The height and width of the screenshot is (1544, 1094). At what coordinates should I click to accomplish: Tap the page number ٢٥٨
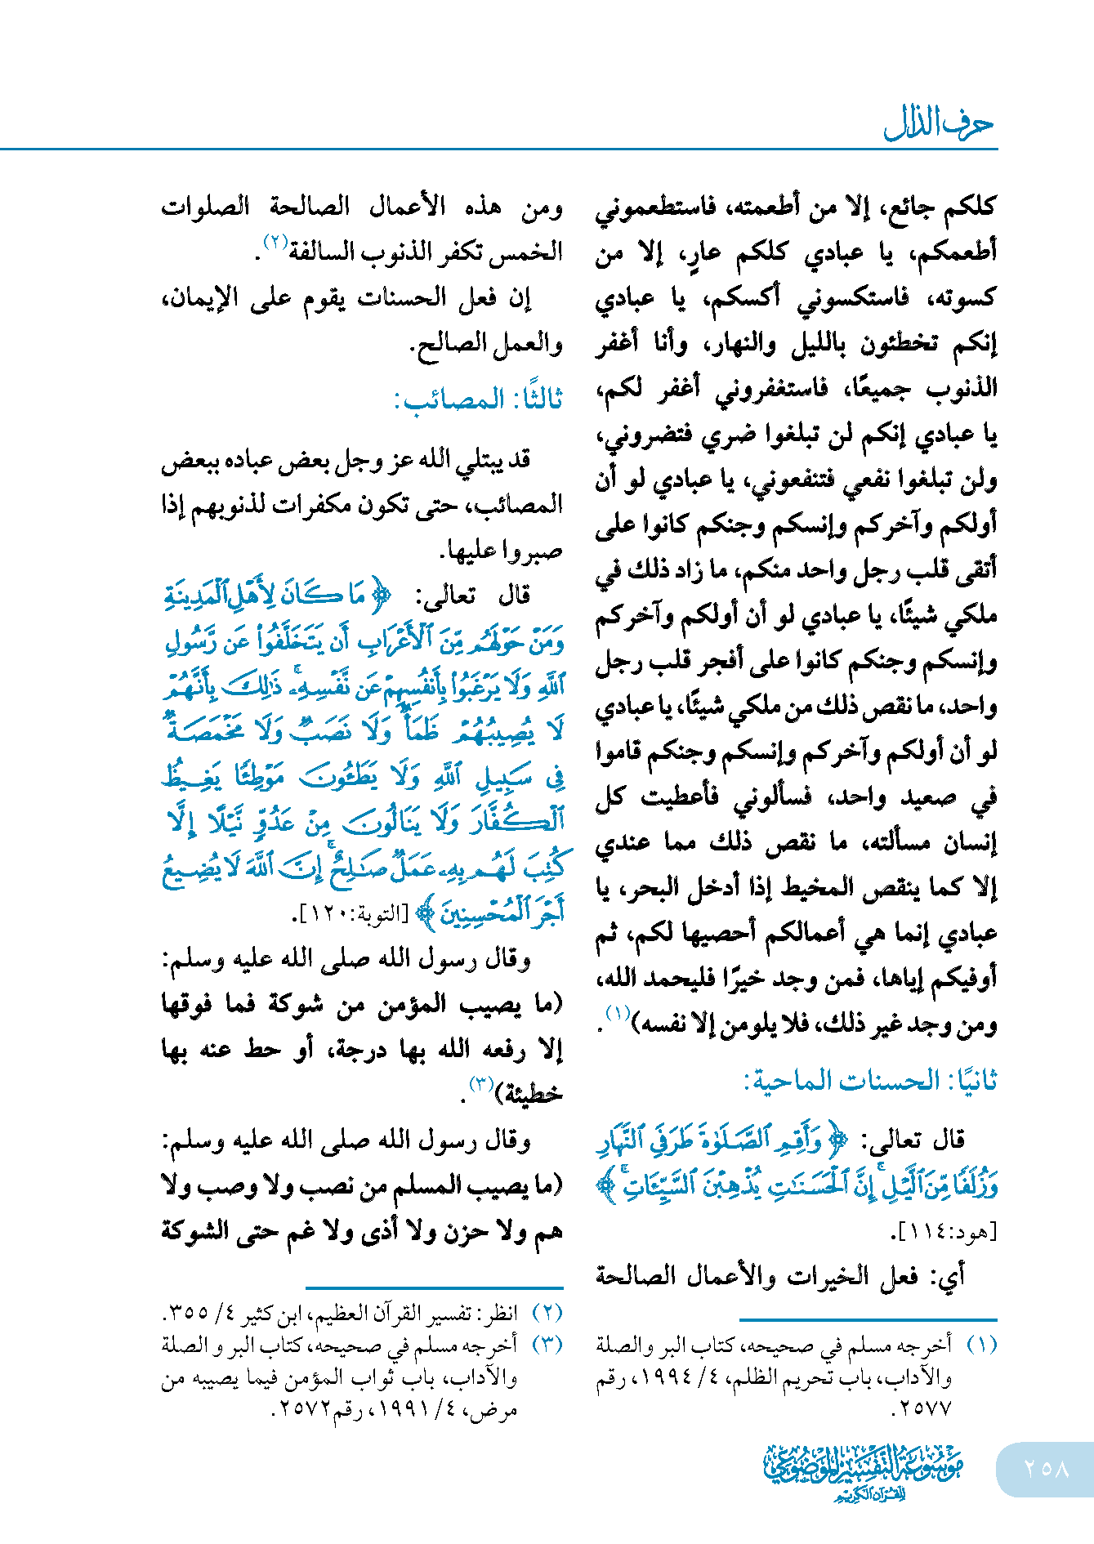(x=1045, y=1468)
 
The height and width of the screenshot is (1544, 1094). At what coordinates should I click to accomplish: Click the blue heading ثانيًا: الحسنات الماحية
(x=870, y=1081)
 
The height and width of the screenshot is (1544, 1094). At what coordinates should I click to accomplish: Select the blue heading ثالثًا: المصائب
(x=479, y=399)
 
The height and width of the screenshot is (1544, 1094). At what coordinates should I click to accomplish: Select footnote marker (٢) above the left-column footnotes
(x=547, y=1313)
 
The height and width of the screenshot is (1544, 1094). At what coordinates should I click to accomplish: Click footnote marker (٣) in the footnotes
(x=547, y=1345)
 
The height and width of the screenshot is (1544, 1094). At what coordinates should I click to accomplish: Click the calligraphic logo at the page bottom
(x=863, y=1470)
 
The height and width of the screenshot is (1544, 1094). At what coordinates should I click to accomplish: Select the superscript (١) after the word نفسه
(x=617, y=1014)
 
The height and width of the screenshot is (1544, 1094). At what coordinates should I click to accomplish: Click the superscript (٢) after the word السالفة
(x=274, y=243)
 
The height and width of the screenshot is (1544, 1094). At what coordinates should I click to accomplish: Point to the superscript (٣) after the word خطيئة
(x=480, y=1084)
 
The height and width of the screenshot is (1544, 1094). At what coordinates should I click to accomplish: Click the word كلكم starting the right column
(x=971, y=205)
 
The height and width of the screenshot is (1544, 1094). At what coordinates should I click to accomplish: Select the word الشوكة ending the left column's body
(x=195, y=1230)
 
